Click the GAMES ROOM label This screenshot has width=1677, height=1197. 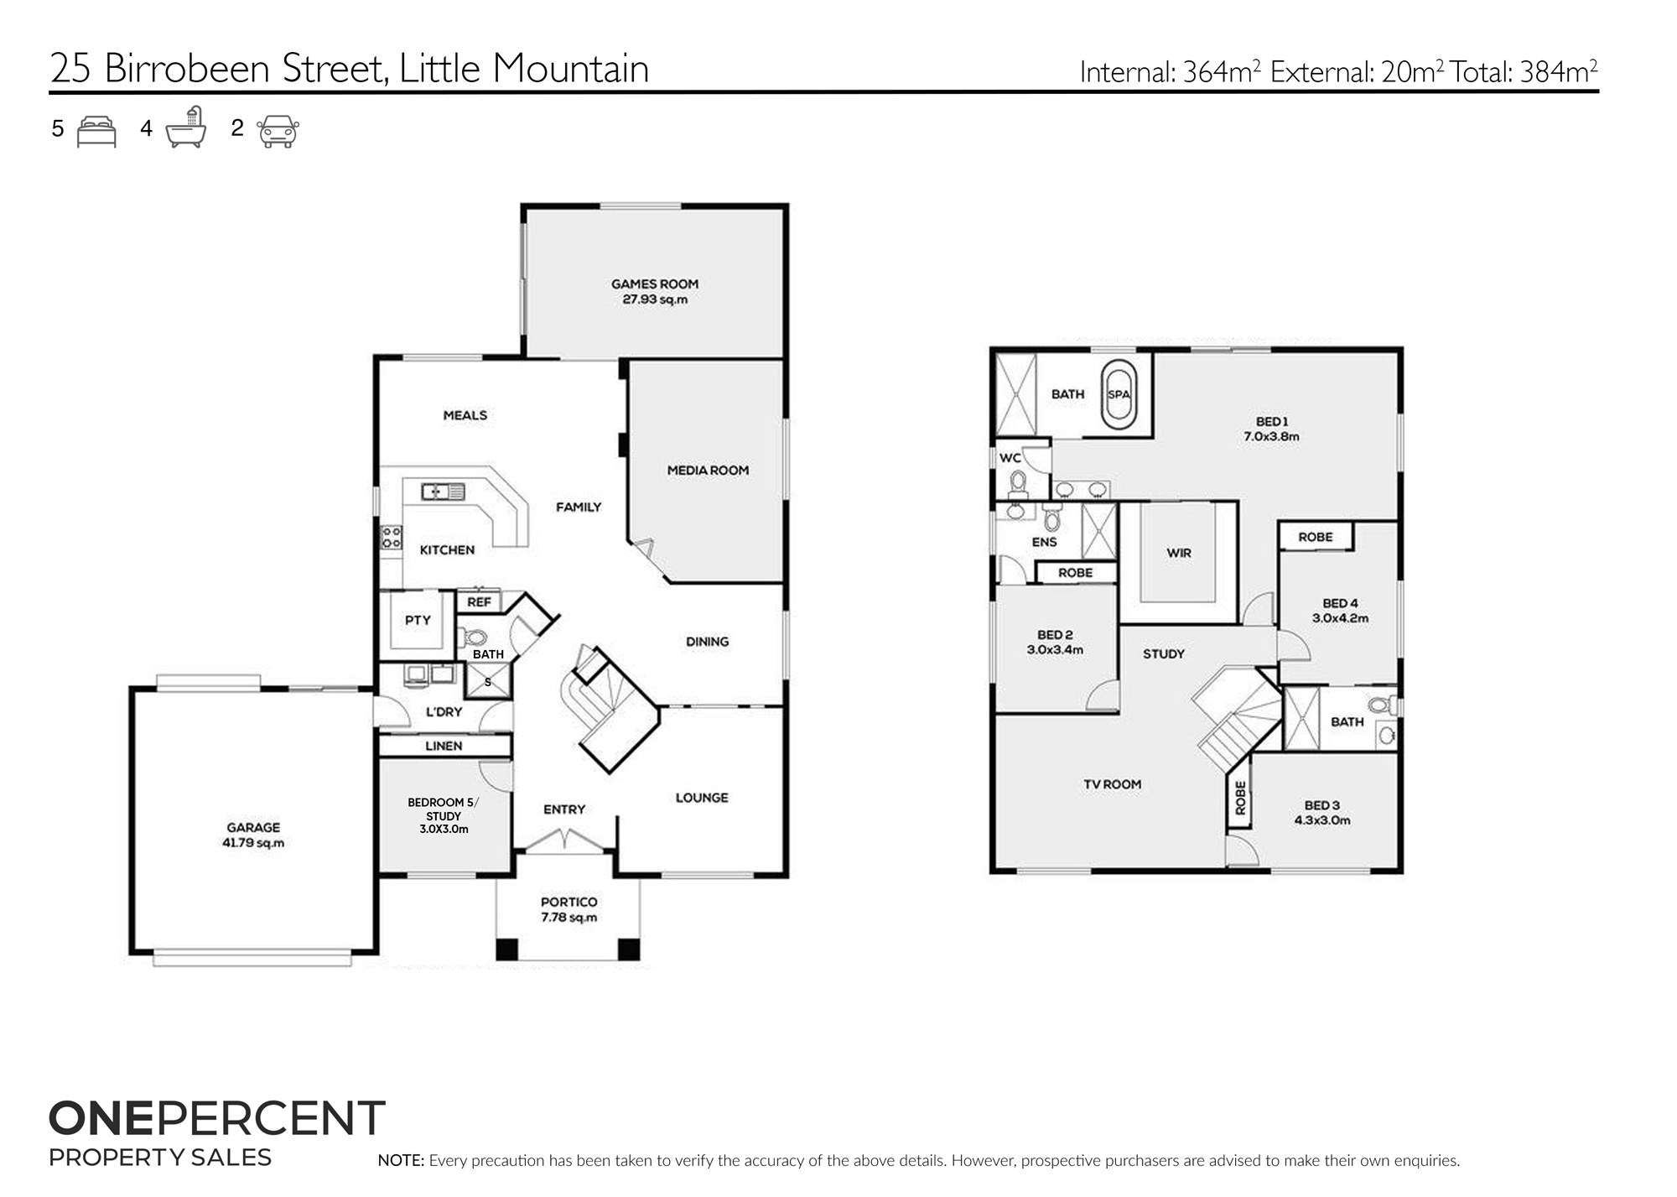click(x=654, y=284)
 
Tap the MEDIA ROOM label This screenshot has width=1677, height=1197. click(x=708, y=471)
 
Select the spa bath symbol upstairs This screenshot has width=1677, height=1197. click(x=1119, y=394)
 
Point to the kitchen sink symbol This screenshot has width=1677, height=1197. click(x=444, y=491)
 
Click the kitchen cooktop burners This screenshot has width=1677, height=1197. click(x=392, y=538)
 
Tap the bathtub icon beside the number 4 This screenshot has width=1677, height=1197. click(x=186, y=128)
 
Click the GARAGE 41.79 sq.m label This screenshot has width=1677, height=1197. click(x=252, y=835)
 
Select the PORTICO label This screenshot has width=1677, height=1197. click(x=569, y=902)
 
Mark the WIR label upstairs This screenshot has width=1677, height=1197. click(x=1179, y=554)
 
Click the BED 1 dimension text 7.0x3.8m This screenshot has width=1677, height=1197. click(x=1271, y=436)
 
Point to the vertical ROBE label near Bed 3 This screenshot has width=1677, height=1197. click(x=1241, y=798)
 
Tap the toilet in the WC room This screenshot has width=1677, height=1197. click(x=1019, y=483)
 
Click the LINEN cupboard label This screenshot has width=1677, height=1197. click(x=444, y=746)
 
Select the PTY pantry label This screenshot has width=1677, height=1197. click(x=418, y=621)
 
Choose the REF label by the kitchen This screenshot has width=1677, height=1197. click(x=479, y=602)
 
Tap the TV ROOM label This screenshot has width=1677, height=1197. click(x=1112, y=784)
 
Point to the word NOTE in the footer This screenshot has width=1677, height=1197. click(x=401, y=1161)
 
